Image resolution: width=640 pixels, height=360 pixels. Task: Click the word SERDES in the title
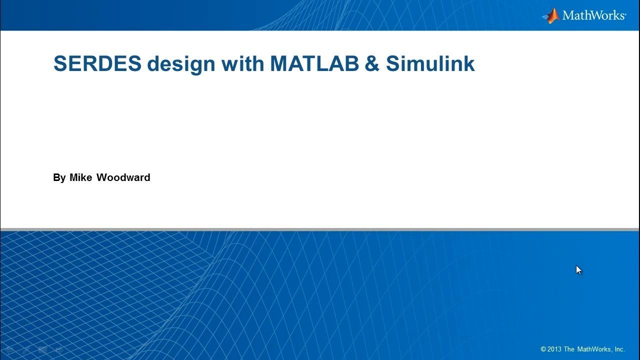(97, 63)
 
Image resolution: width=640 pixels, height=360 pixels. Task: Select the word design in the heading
(181, 64)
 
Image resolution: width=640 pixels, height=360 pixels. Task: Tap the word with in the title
(243, 63)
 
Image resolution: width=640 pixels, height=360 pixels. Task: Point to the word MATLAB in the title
(314, 63)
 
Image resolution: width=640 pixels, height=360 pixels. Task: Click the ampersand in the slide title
(372, 63)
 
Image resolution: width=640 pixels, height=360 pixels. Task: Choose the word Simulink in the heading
(430, 63)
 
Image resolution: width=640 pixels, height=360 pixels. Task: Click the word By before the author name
(59, 177)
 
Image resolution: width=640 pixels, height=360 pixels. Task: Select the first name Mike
(81, 177)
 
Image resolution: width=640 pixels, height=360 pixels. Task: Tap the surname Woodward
(123, 177)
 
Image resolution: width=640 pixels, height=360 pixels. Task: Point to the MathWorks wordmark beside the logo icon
(593, 15)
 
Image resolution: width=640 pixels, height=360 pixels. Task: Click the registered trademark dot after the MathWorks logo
(625, 13)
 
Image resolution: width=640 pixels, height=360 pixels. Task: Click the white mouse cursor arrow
(578, 270)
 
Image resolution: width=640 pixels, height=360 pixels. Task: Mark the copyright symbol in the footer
(543, 349)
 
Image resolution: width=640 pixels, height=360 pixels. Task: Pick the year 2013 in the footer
(554, 349)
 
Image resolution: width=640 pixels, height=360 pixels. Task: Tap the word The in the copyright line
(569, 349)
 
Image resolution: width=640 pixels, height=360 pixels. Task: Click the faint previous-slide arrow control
(9, 349)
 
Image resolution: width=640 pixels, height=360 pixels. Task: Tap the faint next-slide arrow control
(59, 349)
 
